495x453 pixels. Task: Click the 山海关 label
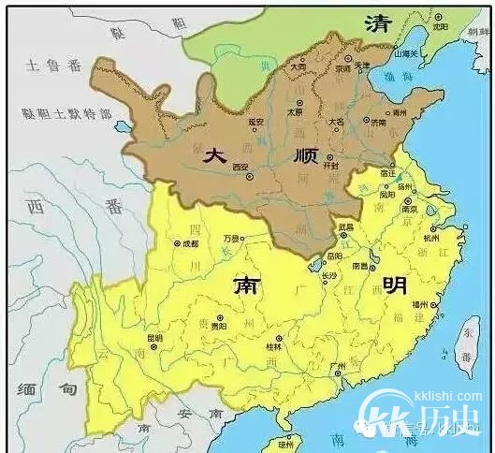408,54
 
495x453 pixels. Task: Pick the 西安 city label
240,167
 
